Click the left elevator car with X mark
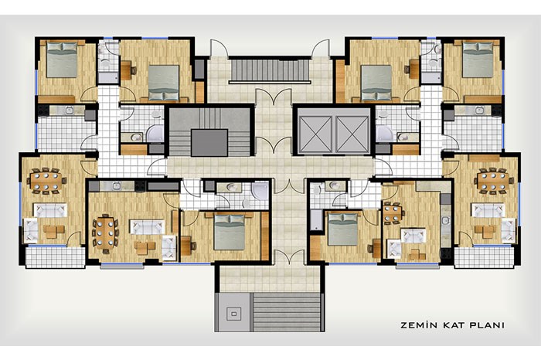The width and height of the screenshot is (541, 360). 315,134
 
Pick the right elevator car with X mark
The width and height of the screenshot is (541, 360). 352,134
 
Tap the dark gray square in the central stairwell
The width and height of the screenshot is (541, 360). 209,143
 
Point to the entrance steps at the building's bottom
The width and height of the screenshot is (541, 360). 286,312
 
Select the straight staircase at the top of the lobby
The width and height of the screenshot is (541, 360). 270,70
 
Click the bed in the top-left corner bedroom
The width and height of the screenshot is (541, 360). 62,59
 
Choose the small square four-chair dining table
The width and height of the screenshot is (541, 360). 393,213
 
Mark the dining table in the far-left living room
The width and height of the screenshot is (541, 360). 46,180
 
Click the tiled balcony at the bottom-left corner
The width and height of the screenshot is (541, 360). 55,257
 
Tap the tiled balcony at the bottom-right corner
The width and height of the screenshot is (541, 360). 485,257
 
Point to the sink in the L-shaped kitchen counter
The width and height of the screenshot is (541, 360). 446,221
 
